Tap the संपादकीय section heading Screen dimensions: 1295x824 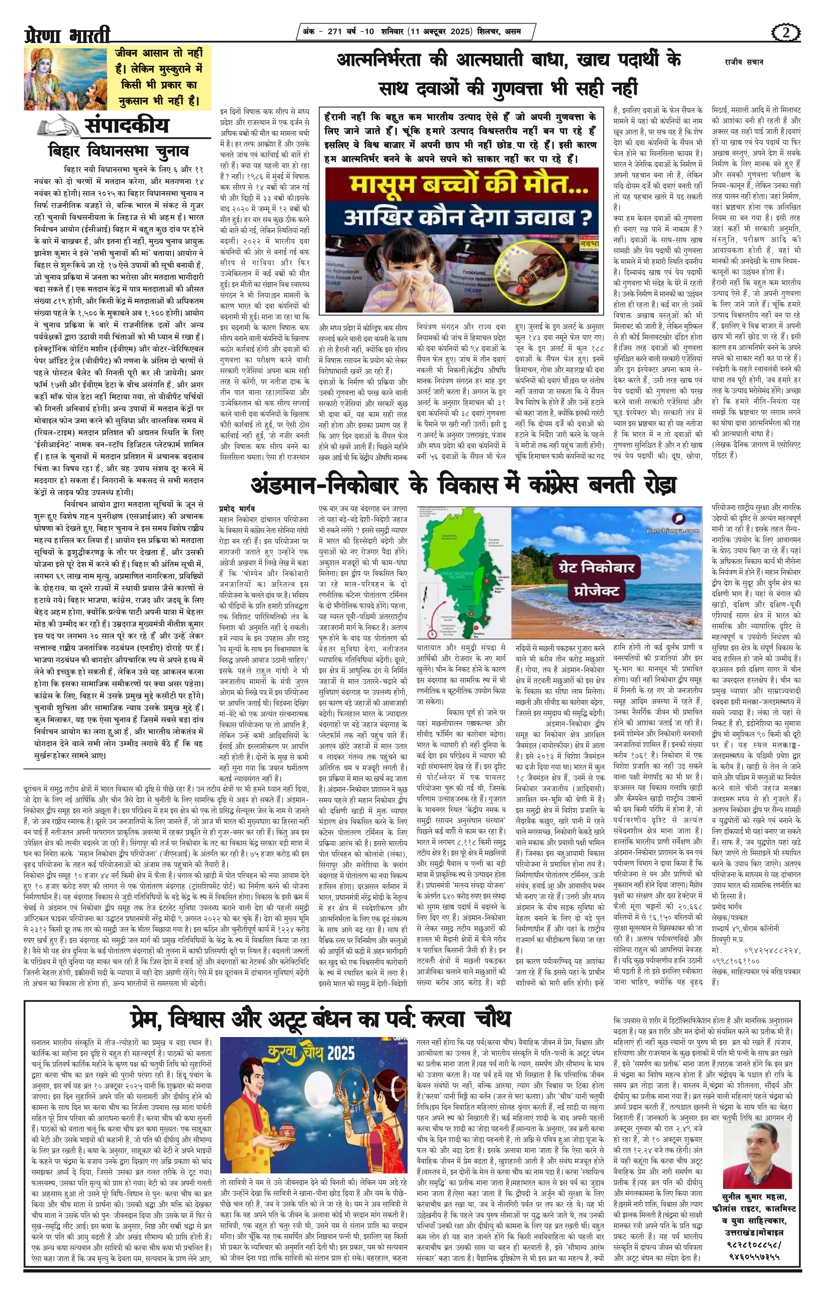point(126,125)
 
